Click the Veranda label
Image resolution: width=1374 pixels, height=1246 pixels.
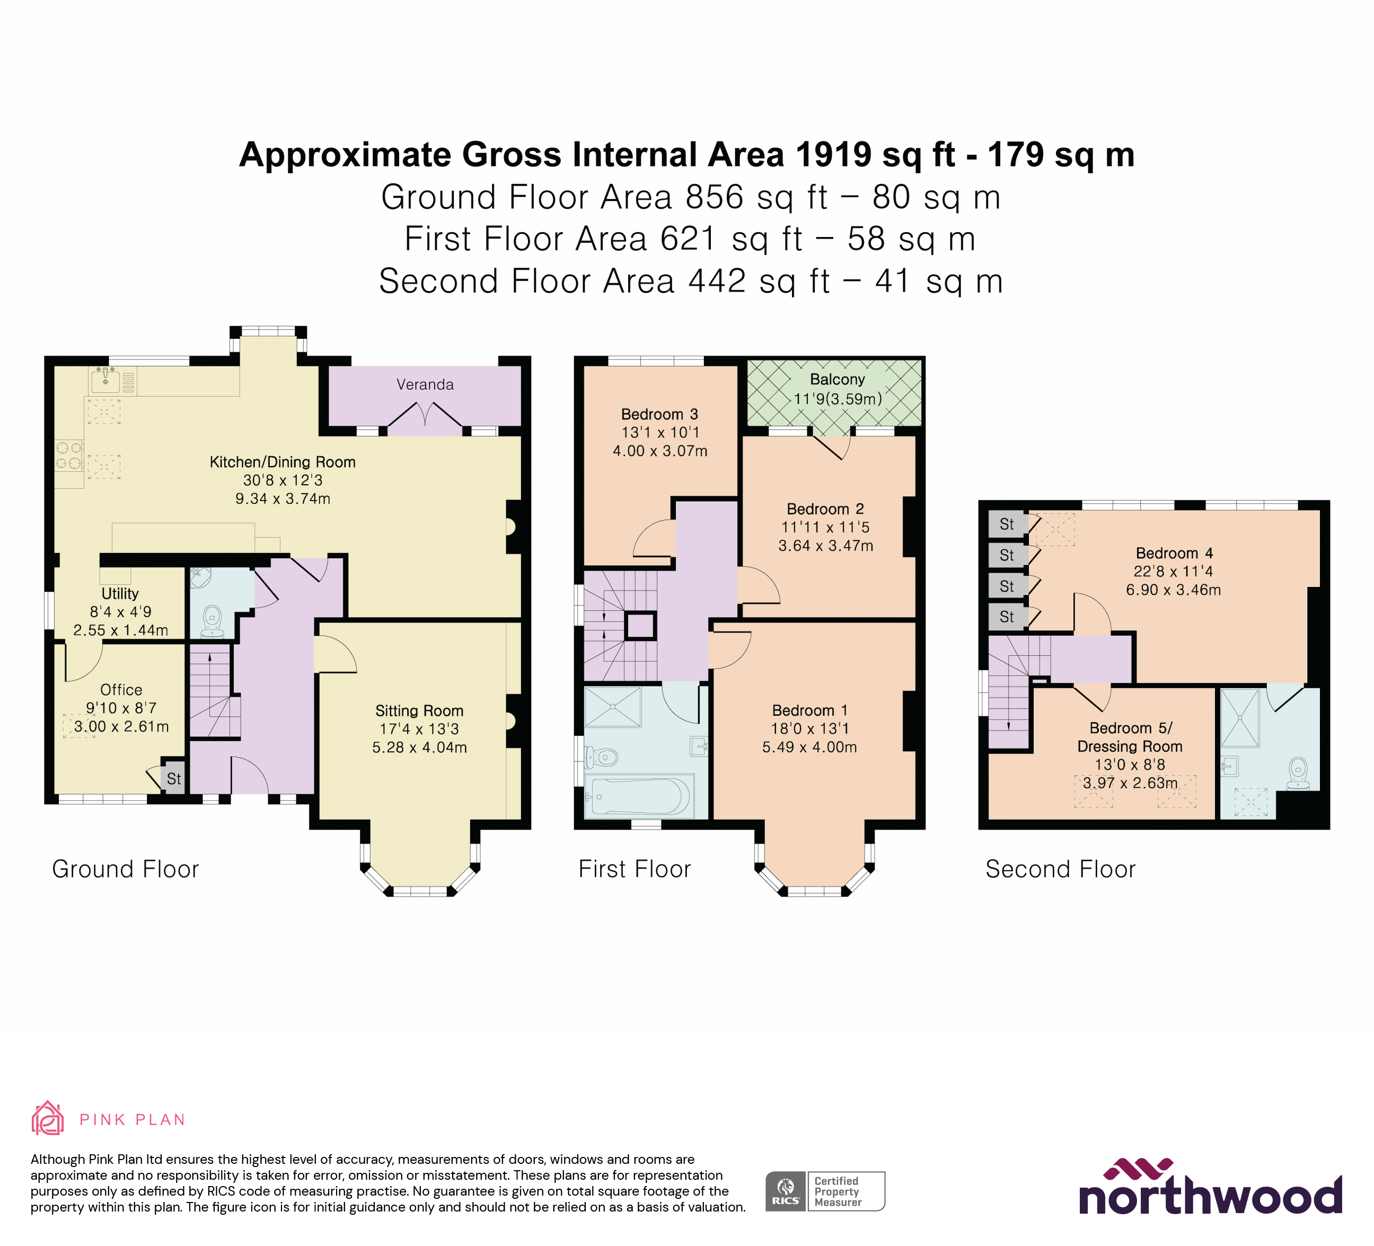[x=425, y=384]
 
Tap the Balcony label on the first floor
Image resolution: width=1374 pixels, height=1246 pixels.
[x=837, y=380]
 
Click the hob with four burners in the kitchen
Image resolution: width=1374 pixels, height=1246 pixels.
[x=69, y=455]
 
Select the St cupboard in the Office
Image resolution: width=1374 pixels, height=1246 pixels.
[x=174, y=778]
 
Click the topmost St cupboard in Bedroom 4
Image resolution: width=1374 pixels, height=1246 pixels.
[x=1007, y=524]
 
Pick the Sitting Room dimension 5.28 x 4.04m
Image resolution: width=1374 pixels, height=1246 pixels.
[x=419, y=748]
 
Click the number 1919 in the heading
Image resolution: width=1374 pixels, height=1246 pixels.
[x=832, y=155]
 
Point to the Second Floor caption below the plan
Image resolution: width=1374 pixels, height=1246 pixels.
[x=1061, y=869]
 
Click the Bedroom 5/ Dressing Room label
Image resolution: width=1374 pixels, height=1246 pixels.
[x=1130, y=737]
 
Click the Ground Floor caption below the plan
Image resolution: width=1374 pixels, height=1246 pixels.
[x=126, y=869]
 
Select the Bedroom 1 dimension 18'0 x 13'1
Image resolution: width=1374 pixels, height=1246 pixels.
[x=809, y=729]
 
